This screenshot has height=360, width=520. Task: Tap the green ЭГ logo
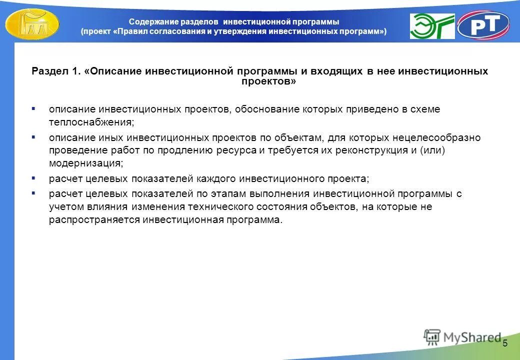point(432,26)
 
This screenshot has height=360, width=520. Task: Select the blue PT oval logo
point(483,25)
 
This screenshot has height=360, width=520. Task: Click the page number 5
point(504,343)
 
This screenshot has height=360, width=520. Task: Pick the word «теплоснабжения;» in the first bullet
point(91,121)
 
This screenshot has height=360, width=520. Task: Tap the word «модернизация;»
point(85,162)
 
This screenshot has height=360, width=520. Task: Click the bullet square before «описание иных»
point(33,136)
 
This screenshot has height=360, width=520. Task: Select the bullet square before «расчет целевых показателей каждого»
point(33,177)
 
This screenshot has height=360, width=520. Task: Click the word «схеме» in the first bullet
point(426,109)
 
